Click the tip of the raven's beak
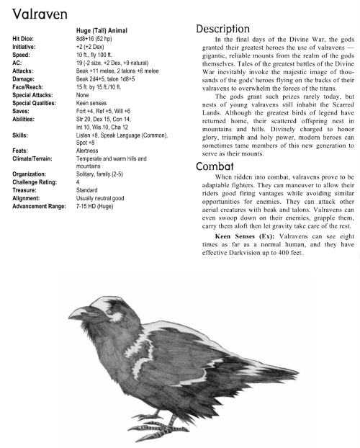(x=70, y=317)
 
